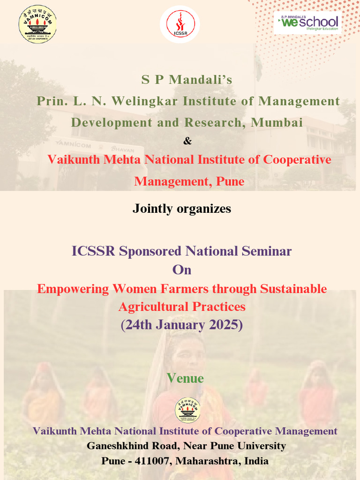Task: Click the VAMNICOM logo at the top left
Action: click(37, 24)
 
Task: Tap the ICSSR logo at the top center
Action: click(180, 24)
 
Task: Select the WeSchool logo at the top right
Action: click(307, 22)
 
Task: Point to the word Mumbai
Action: click(277, 122)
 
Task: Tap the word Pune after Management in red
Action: click(230, 181)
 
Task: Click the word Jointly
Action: click(152, 209)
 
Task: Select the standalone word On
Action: click(182, 270)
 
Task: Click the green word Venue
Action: click(185, 378)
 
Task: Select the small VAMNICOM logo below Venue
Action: click(187, 410)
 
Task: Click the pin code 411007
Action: click(152, 461)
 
